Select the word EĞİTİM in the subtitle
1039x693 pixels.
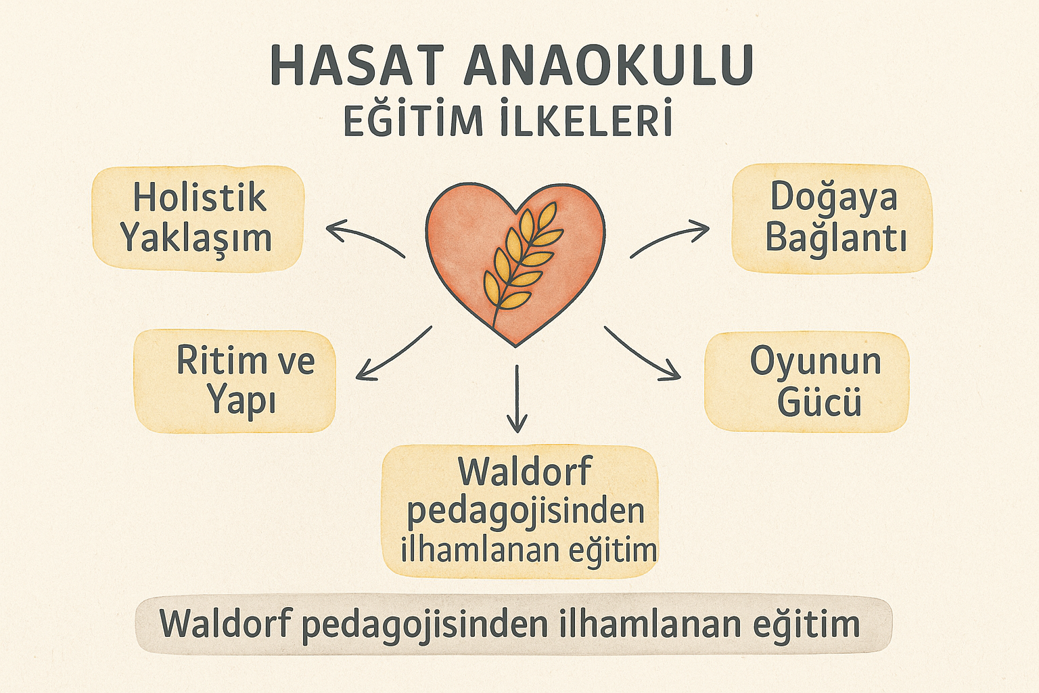[413, 120]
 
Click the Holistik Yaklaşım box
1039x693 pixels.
[198, 218]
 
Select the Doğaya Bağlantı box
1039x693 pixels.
[832, 218]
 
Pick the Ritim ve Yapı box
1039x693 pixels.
[235, 380]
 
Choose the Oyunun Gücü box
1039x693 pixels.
[806, 381]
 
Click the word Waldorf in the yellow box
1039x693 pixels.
[524, 472]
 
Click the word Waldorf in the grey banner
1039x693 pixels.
[226, 623]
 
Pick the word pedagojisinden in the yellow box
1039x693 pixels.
[525, 512]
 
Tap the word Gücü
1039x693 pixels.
[818, 403]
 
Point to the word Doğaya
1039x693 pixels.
[833, 197]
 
